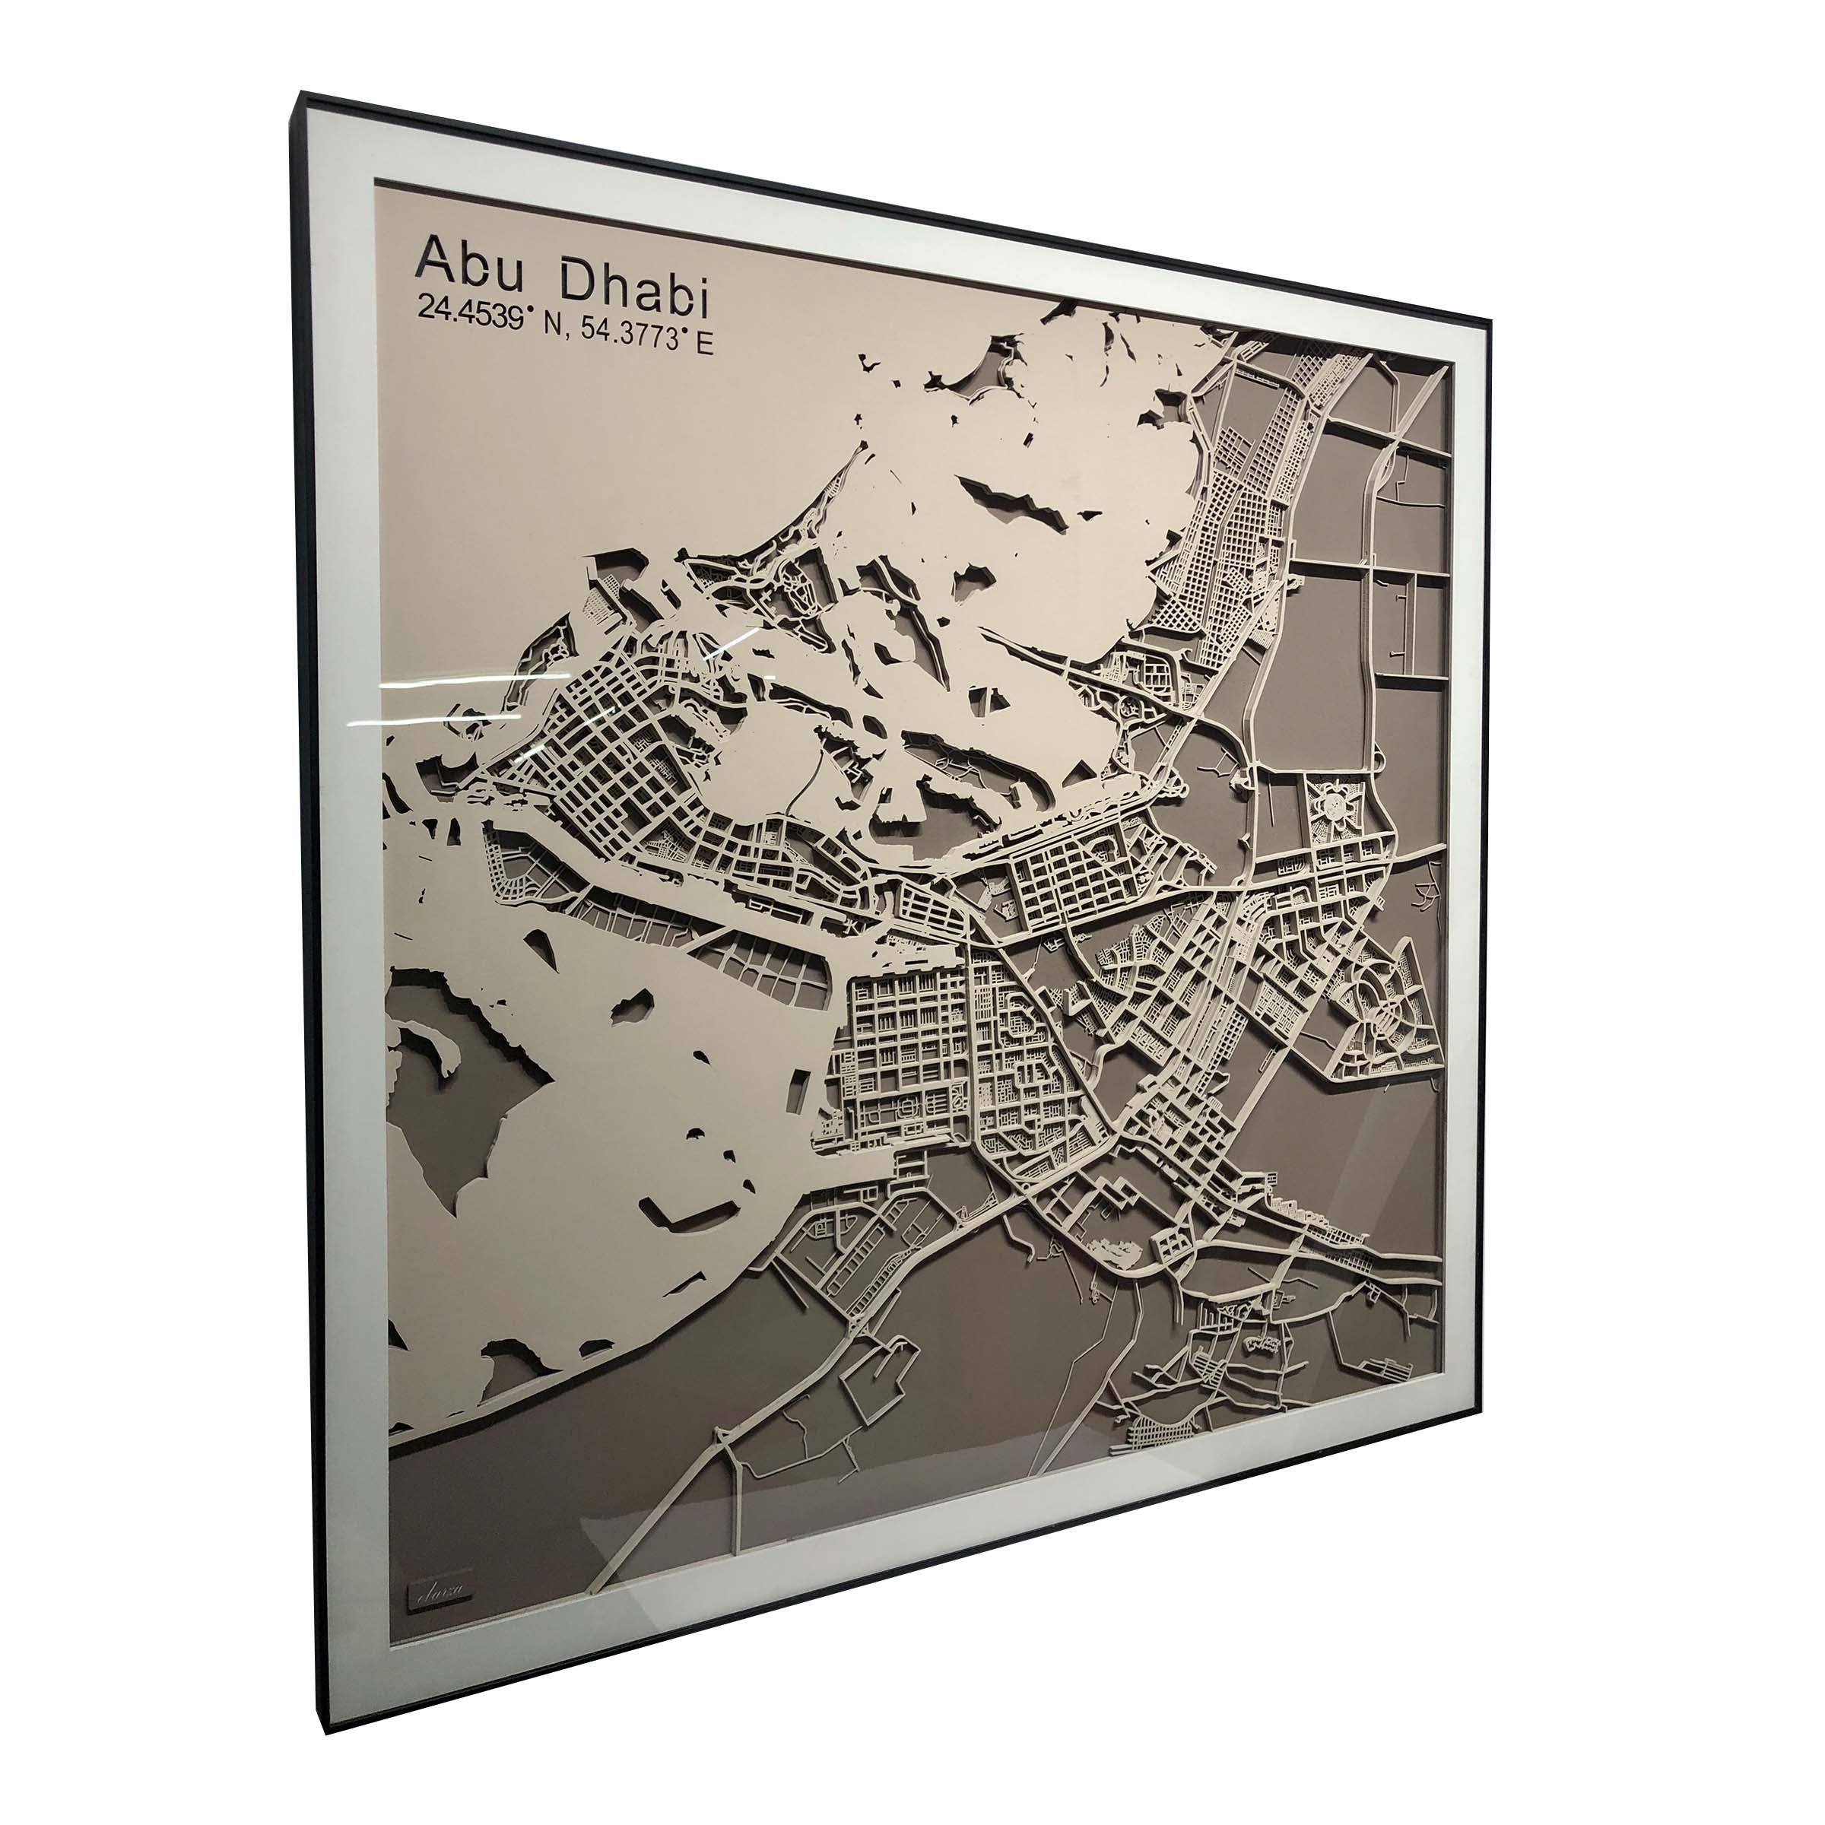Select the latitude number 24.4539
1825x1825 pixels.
click(471, 311)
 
